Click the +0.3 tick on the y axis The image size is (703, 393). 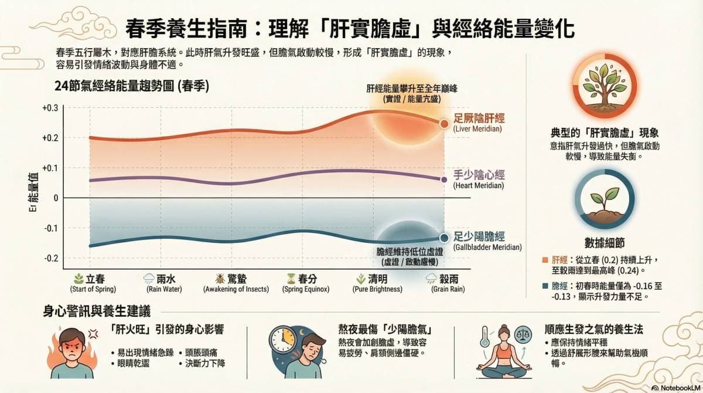(x=50, y=108)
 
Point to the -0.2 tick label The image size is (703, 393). (x=51, y=258)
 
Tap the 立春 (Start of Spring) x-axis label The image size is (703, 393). (x=93, y=279)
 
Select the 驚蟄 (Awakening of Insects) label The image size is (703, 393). (x=236, y=279)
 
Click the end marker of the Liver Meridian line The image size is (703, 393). (x=444, y=124)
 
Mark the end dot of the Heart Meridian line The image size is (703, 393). (x=444, y=179)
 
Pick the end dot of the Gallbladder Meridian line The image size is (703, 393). (x=444, y=238)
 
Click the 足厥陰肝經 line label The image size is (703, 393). (x=479, y=118)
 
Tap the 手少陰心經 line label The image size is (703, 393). (x=479, y=175)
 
